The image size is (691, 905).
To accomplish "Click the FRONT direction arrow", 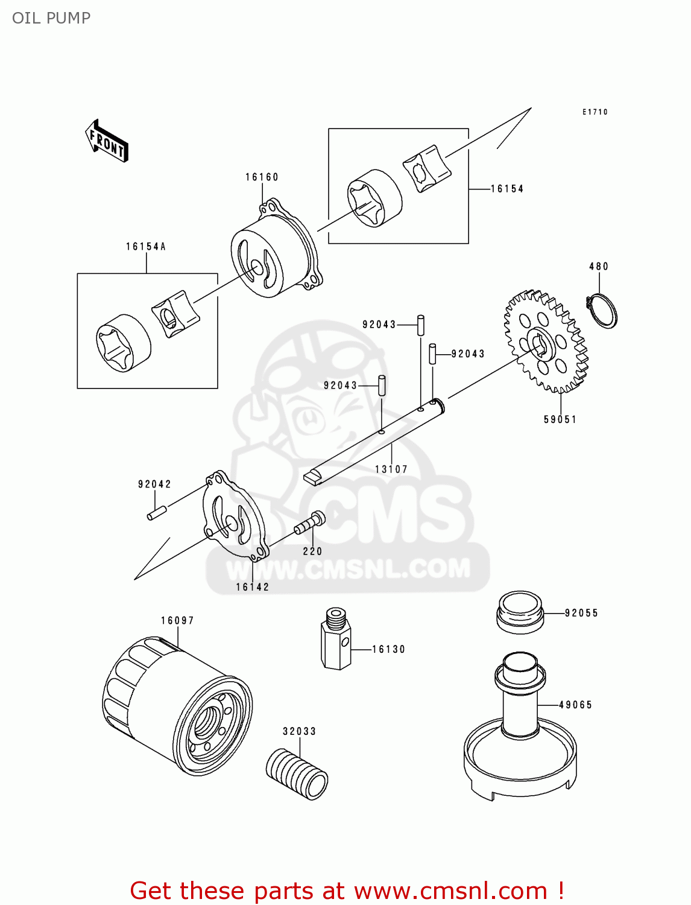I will [107, 141].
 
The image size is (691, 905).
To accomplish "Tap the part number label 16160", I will [262, 177].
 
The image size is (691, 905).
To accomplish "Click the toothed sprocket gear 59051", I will [545, 341].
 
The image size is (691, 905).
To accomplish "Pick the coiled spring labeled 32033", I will [297, 773].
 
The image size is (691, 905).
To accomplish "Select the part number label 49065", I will [575, 705].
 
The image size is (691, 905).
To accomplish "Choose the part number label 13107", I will [391, 469].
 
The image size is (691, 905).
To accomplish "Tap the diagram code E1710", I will [595, 112].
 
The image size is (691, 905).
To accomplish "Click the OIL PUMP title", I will [51, 18].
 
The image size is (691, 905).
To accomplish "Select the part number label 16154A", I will [146, 246].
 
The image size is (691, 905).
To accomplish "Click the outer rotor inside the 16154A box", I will [124, 343].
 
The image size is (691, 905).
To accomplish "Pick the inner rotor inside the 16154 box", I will [426, 168].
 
